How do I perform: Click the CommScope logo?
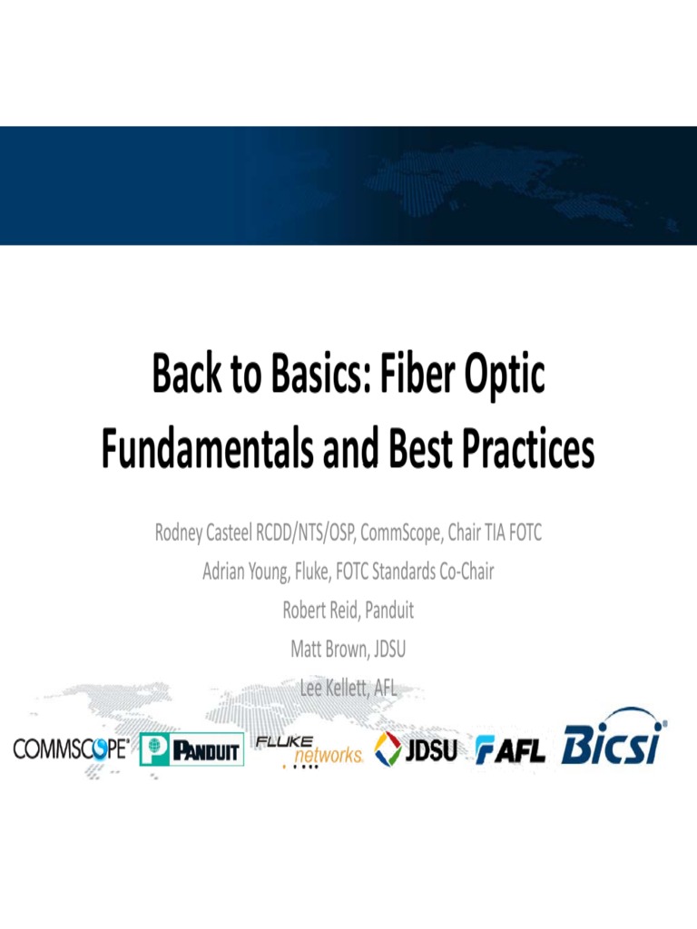(71, 748)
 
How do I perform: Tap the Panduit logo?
(191, 749)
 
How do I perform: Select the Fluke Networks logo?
(309, 749)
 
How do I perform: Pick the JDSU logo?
(417, 748)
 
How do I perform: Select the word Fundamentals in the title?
(210, 450)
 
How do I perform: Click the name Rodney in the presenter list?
(185, 533)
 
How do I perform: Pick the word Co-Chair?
(462, 572)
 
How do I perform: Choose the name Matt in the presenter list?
(307, 650)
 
